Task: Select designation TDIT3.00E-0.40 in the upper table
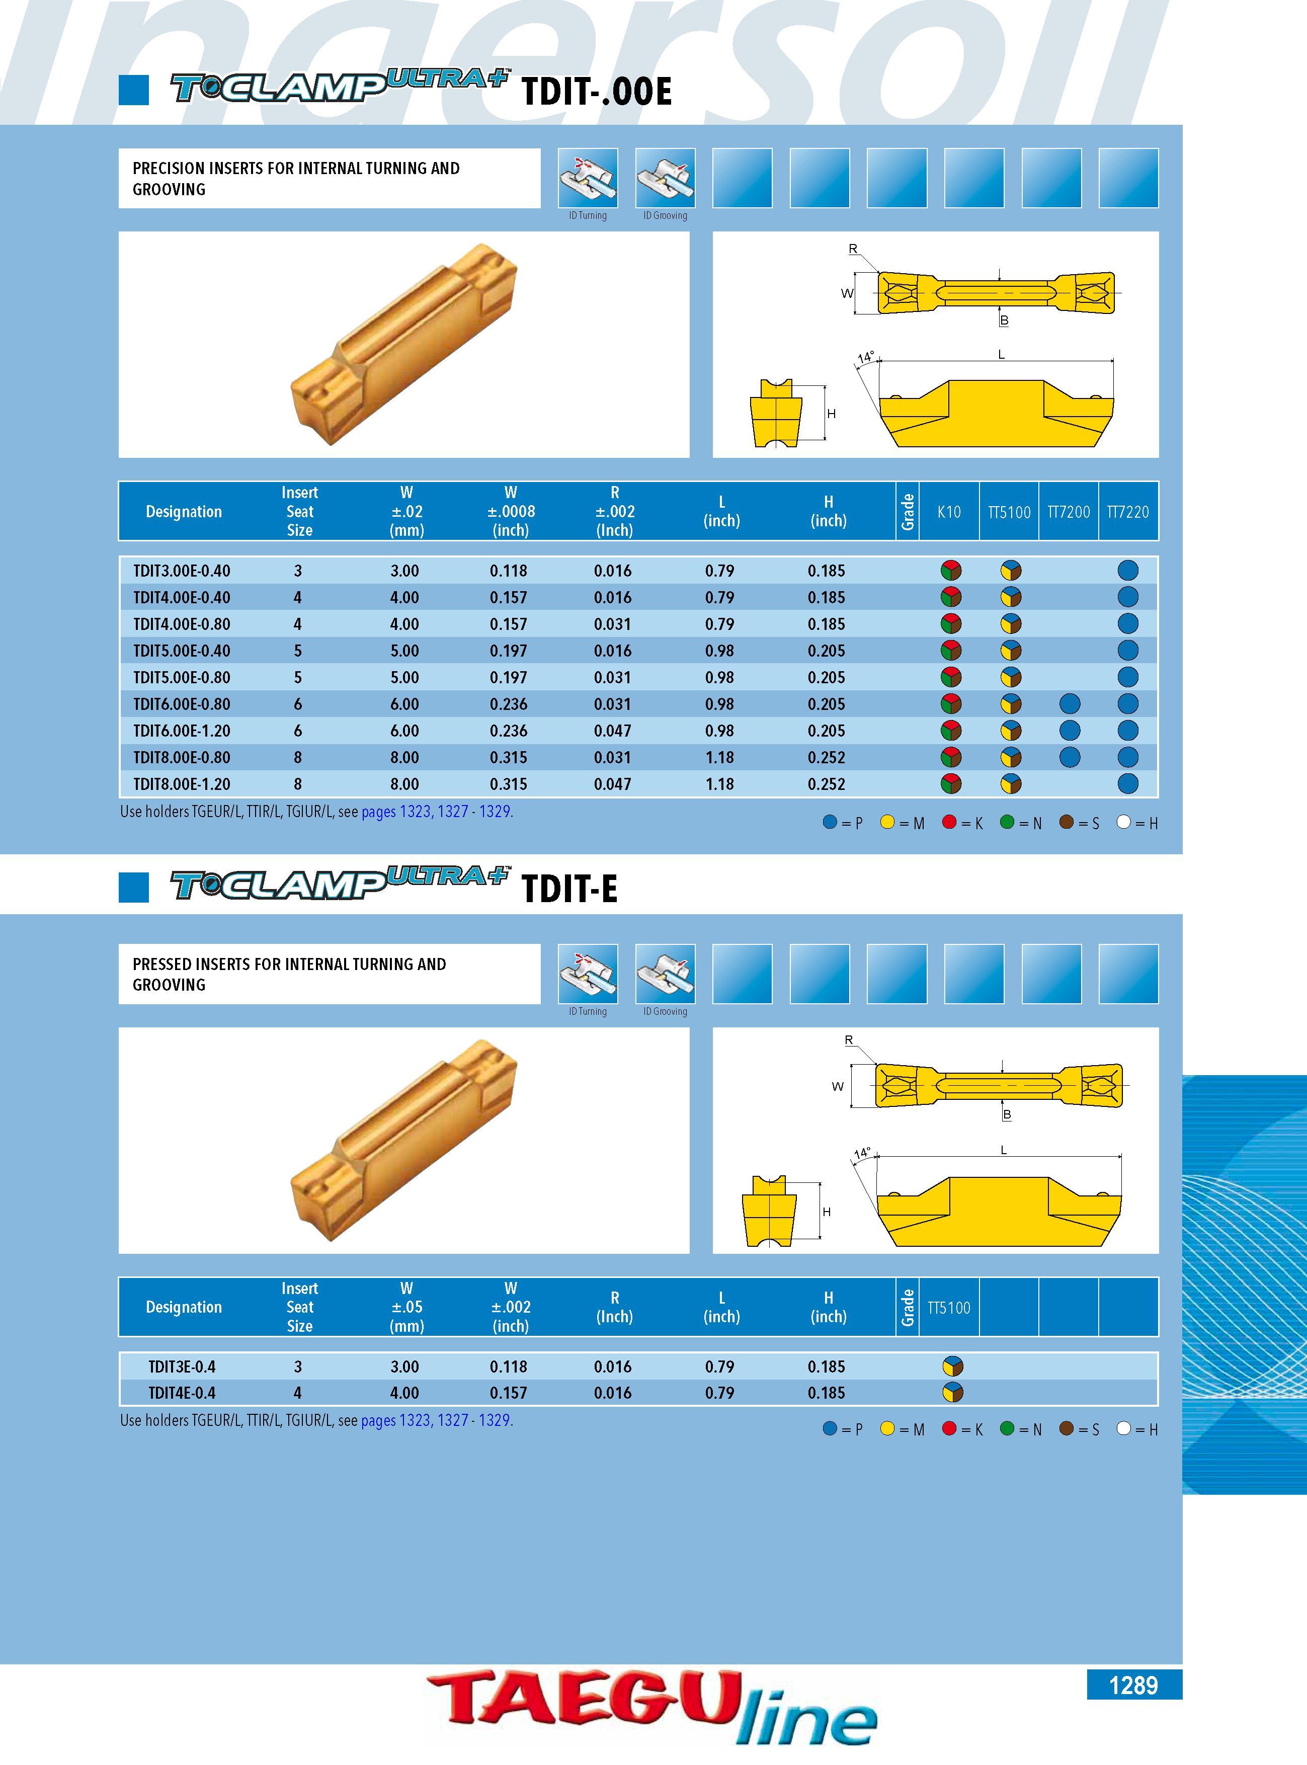[x=182, y=571]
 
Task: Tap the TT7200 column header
[x=1069, y=512]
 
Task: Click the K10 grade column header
[x=949, y=512]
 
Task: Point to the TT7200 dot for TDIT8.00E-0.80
[x=1070, y=757]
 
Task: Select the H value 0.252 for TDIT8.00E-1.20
[x=826, y=784]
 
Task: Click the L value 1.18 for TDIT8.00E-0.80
[x=719, y=758]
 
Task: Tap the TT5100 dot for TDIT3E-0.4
[x=953, y=1367]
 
